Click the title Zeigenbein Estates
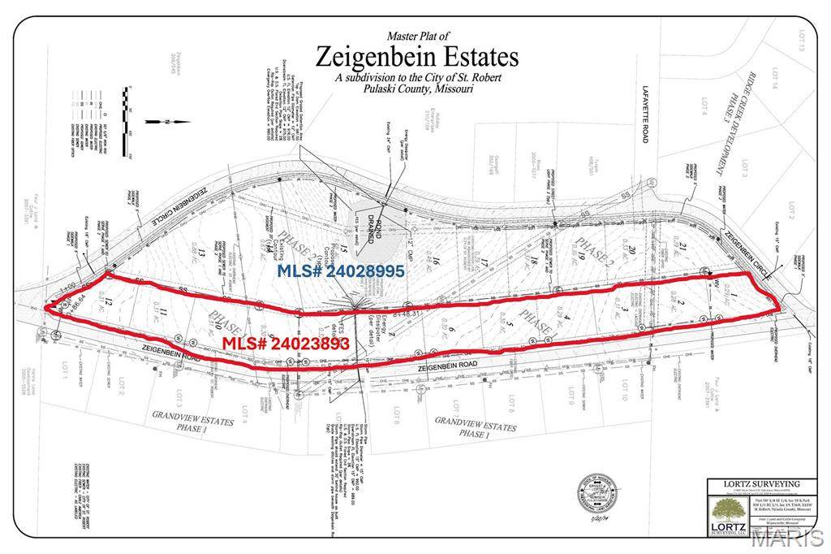point(415,58)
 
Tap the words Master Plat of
point(415,36)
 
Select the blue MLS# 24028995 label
point(341,271)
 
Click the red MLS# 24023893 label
point(286,344)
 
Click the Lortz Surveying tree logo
point(729,513)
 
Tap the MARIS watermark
point(786,537)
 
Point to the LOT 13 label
point(800,40)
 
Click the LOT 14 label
point(774,78)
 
